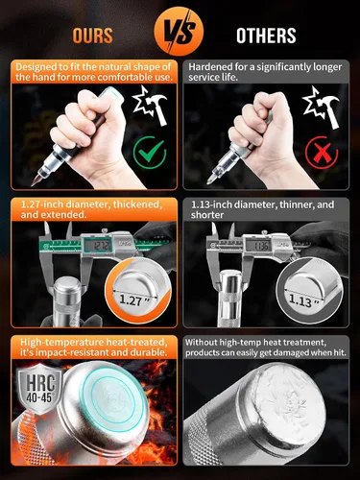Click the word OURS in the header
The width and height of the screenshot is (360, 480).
(93, 36)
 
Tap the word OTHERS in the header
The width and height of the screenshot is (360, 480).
(266, 36)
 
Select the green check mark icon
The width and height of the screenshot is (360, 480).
(150, 153)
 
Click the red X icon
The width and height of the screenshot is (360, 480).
(322, 153)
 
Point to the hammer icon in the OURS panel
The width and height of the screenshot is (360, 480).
(151, 106)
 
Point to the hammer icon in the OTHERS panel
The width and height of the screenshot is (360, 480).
(321, 108)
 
